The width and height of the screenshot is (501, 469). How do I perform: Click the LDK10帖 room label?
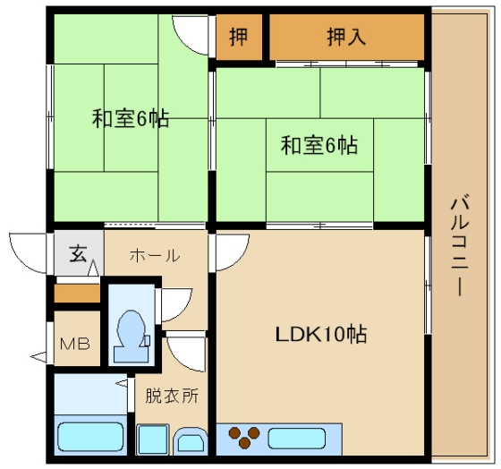pos(321,335)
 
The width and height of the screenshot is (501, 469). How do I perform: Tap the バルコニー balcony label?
pos(460,247)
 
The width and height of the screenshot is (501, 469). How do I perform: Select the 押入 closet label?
pos(346,37)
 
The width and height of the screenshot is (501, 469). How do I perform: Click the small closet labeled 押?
pos(238,37)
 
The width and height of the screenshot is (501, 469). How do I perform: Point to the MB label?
pos(75,344)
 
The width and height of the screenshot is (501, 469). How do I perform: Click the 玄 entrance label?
pos(78,254)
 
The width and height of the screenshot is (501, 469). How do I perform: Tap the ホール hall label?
pos(155,256)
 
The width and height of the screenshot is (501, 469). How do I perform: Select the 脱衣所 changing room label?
pos(172,396)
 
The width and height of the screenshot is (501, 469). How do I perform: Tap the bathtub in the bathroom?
pos(90,437)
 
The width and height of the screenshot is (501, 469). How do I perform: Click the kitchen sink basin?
pos(296,439)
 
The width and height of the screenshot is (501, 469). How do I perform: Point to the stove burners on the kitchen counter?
pos(244,437)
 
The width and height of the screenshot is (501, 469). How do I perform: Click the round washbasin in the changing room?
pos(190,441)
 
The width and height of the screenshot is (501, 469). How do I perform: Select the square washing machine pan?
pos(153,439)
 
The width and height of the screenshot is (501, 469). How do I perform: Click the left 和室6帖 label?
pos(131,119)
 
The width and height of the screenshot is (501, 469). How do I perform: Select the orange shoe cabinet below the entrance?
pos(77,294)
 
